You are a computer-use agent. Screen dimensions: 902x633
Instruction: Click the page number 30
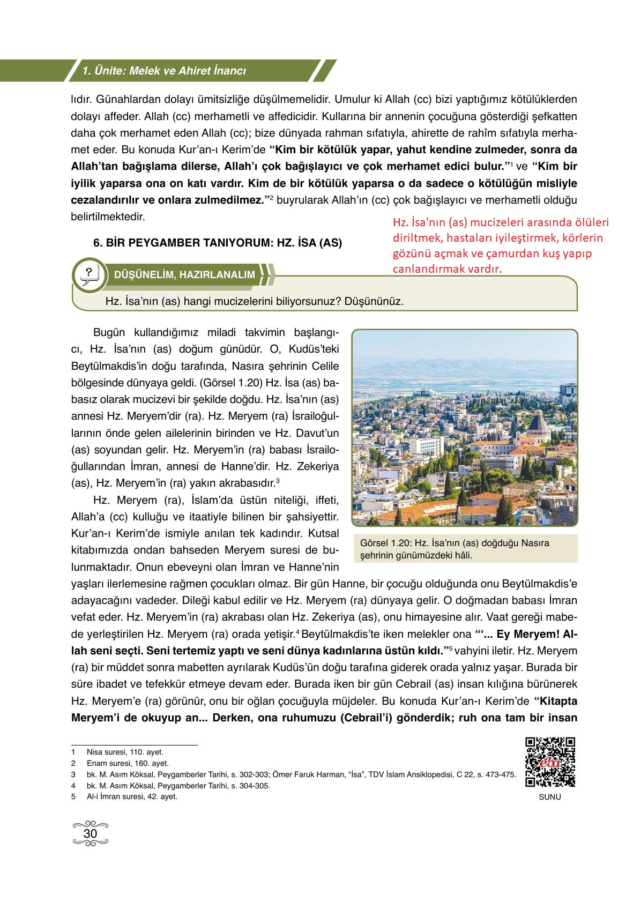(x=91, y=834)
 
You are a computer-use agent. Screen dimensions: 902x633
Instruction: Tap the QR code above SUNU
(x=550, y=762)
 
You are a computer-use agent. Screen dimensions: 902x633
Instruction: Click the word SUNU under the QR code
(x=550, y=797)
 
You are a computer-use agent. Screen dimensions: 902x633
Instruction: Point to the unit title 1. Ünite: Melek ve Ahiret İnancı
(x=163, y=71)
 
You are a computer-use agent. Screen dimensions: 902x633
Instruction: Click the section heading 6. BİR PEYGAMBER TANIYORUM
(x=217, y=243)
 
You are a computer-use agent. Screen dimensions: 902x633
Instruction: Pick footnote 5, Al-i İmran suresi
(x=131, y=796)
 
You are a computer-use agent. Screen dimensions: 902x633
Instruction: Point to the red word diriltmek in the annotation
(x=412, y=238)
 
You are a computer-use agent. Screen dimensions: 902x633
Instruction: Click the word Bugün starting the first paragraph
(x=109, y=332)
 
